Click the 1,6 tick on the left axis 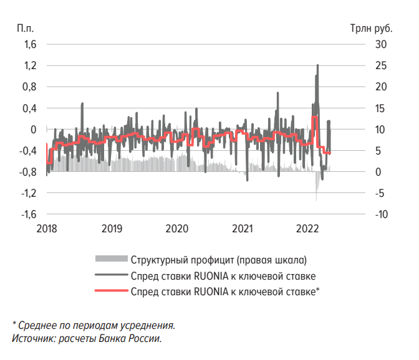coord(30,44)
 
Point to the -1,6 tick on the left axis coord(29,214)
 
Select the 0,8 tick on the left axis coord(30,87)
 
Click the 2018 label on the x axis coord(47,228)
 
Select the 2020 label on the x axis coord(178,228)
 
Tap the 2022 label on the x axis coord(309,228)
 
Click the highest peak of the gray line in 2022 coord(318,65)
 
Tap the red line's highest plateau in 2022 coord(315,117)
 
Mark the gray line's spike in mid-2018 coord(82,104)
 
